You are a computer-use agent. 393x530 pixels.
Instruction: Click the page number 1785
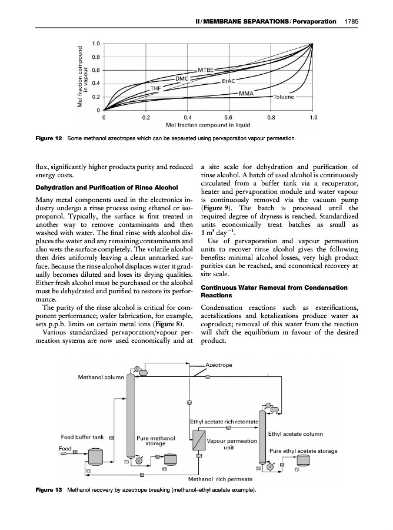point(351,22)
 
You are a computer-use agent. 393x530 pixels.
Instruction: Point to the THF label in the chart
point(156,88)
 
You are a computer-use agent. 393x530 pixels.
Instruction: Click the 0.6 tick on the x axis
point(229,117)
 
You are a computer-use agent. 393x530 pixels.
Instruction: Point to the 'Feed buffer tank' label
point(83,437)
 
